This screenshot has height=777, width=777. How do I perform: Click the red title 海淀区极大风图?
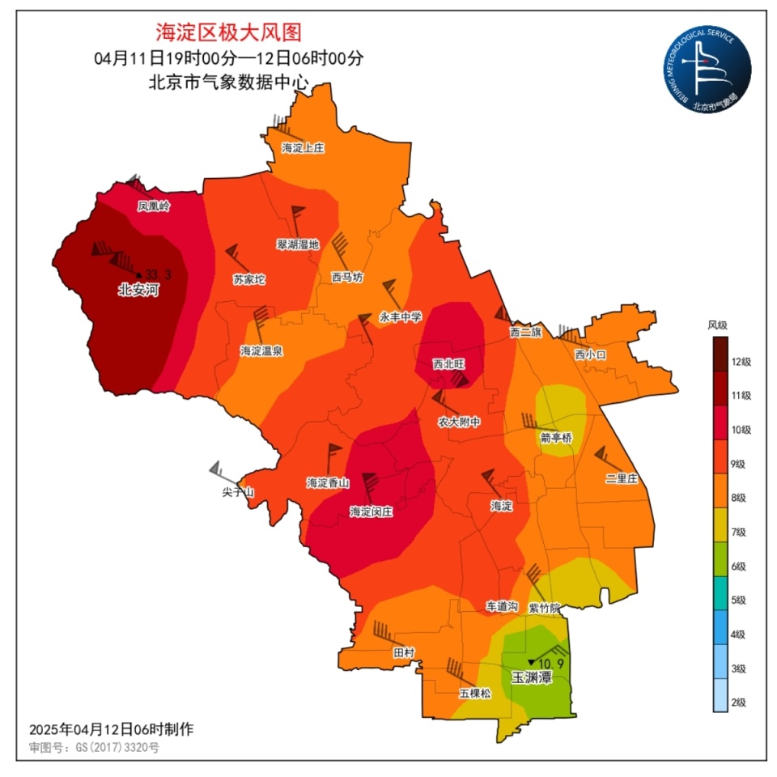tap(228, 32)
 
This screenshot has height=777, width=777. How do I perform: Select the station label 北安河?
tap(138, 290)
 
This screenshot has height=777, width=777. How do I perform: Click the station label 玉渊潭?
tap(530, 677)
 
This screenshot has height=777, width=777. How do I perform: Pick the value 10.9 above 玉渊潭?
tap(550, 664)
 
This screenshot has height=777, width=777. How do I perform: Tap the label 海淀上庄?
tap(303, 148)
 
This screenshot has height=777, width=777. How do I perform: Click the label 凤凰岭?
tap(154, 206)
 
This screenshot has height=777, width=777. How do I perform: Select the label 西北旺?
tap(448, 364)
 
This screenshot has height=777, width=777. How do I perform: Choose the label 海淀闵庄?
tap(371, 512)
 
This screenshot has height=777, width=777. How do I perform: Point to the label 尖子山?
tap(239, 492)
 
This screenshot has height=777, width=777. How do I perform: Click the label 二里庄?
tap(621, 479)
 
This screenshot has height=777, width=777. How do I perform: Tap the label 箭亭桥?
tap(556, 438)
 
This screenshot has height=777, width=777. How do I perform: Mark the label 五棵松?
tap(475, 694)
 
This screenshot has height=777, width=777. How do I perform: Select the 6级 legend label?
tap(738, 567)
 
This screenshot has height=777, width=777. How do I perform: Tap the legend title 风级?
tap(718, 325)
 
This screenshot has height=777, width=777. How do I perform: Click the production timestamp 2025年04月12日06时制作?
tap(111, 729)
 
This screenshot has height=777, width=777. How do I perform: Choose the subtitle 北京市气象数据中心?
tap(228, 81)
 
